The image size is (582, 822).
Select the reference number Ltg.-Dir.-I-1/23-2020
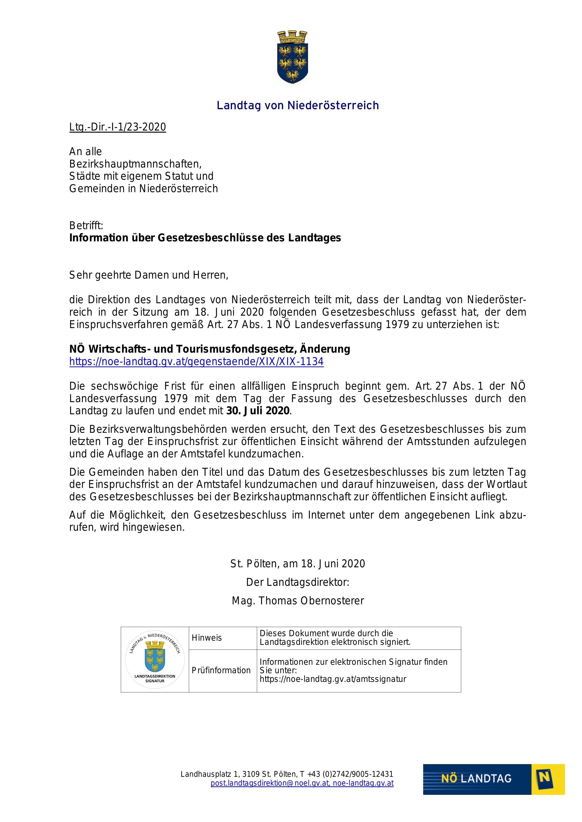pos(118,127)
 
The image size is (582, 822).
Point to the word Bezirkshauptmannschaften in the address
pos(135,164)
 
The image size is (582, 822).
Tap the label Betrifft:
pos(86,226)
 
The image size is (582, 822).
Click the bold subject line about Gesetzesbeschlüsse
pos(205,238)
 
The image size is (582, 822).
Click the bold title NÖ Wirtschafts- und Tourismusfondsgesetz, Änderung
pos(210,349)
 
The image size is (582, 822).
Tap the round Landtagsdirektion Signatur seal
pos(155,659)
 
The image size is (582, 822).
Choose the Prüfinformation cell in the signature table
pos(221,670)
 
